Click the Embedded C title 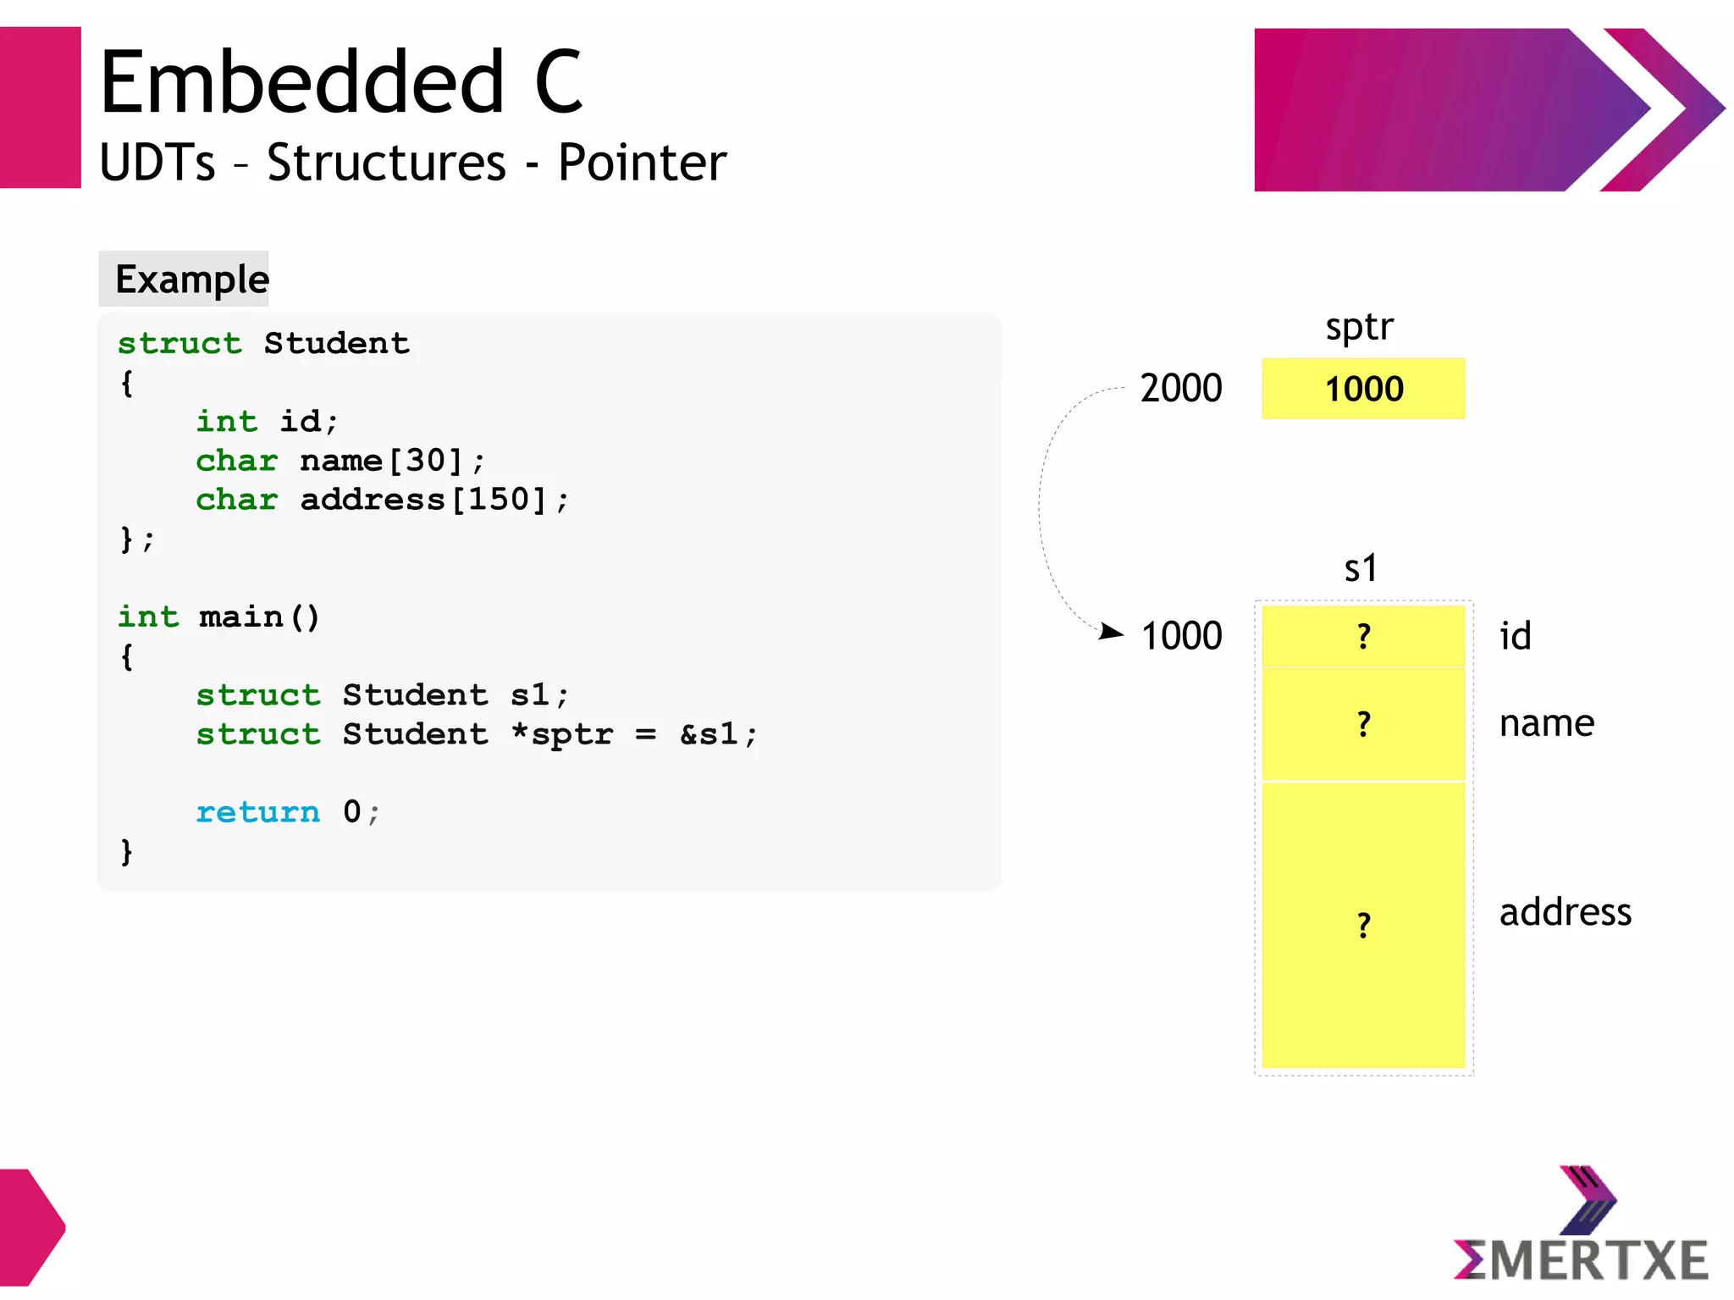coord(340,82)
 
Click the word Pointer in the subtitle coord(642,163)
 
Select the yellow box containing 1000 coord(1362,389)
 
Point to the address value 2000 coord(1180,389)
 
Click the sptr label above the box coord(1358,327)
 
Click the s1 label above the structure coord(1361,568)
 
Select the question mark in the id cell coord(1363,636)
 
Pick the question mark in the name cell coord(1363,724)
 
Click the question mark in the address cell coord(1363,925)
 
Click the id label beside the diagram coord(1515,636)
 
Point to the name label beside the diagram coord(1546,723)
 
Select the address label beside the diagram coord(1565,912)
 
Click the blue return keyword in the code coord(257,812)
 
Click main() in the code coord(259,617)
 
